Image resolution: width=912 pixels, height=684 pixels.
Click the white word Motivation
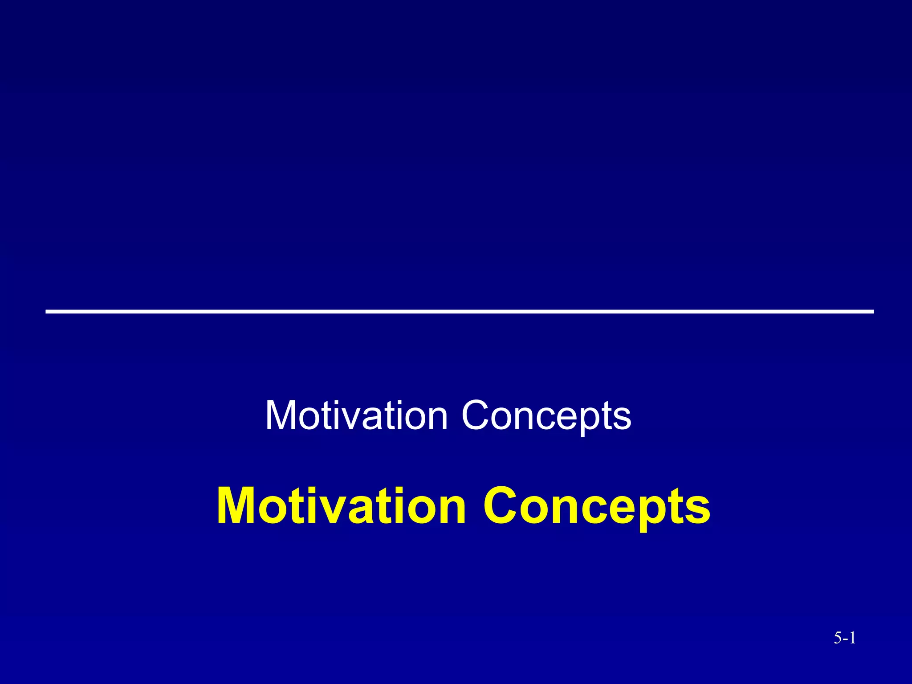pyautogui.click(x=356, y=415)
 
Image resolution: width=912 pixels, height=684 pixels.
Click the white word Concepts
pyautogui.click(x=546, y=415)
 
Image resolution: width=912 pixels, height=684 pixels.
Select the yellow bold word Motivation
pyautogui.click(x=341, y=507)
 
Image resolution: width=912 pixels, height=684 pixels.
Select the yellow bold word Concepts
pyautogui.click(x=597, y=507)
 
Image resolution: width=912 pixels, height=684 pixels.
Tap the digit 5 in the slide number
pyautogui.click(x=838, y=639)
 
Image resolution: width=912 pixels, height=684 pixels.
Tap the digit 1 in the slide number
pyautogui.click(x=851, y=639)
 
